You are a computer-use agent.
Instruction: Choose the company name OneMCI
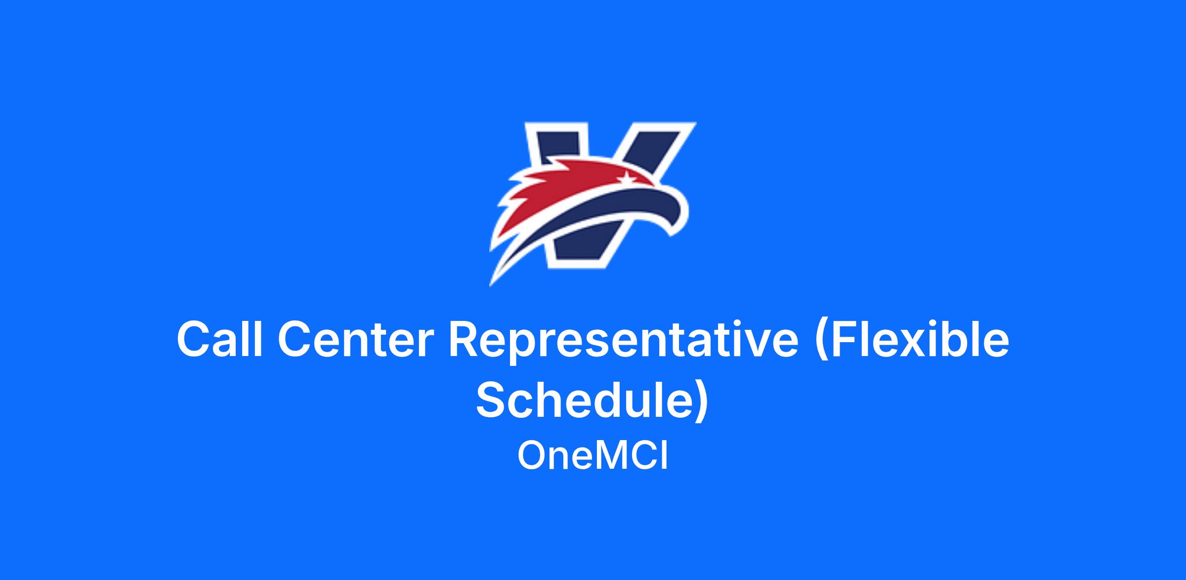coord(593,456)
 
